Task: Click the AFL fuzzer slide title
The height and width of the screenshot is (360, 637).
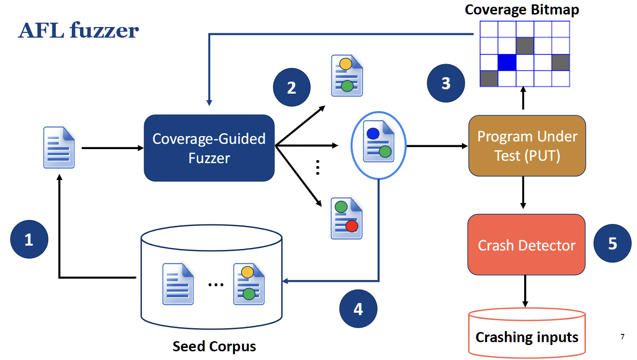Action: (79, 30)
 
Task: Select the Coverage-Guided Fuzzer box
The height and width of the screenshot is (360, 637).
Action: (209, 148)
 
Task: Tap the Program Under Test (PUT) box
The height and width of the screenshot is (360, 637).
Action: (527, 145)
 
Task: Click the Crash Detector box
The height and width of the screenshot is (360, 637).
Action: (527, 245)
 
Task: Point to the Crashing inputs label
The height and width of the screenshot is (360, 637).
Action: (527, 337)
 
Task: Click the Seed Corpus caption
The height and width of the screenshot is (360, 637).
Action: (214, 346)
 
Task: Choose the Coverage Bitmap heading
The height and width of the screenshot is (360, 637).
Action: (522, 10)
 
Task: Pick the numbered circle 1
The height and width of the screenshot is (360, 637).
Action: (29, 240)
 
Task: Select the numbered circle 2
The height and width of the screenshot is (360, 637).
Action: (291, 88)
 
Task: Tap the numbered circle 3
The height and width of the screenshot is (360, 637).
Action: (446, 83)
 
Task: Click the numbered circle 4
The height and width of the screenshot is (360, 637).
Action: (358, 309)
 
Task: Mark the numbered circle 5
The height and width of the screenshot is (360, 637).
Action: (612, 243)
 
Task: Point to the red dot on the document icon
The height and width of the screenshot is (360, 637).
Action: (352, 226)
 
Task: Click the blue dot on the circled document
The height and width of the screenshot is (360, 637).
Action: (373, 134)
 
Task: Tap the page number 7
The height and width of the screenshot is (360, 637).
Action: (623, 337)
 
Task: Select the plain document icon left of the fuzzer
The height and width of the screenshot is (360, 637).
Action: (59, 147)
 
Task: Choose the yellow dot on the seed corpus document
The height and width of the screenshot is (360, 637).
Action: (247, 272)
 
